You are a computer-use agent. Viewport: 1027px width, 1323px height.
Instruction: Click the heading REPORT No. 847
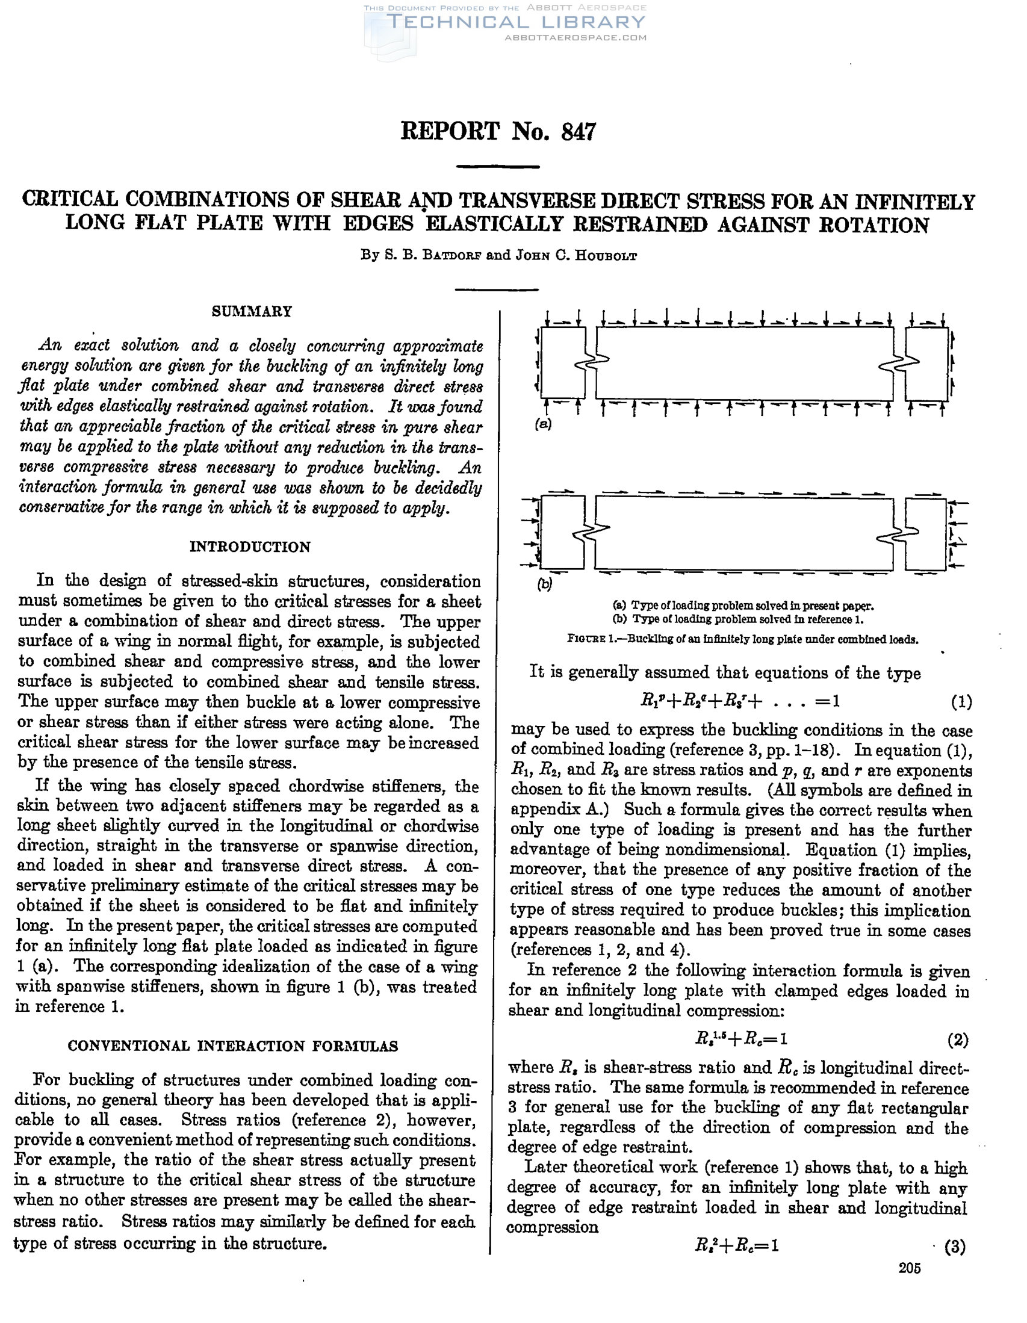pyautogui.click(x=498, y=131)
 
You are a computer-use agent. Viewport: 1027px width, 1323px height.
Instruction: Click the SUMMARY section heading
pyautogui.click(x=252, y=311)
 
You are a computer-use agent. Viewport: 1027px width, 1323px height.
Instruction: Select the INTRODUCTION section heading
pyautogui.click(x=250, y=547)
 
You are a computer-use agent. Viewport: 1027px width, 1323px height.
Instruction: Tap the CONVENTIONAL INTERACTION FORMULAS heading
pyautogui.click(x=232, y=1046)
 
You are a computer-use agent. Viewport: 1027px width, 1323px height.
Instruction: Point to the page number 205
pyautogui.click(x=910, y=1286)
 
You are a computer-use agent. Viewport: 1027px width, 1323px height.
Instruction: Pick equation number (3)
pyautogui.click(x=955, y=1247)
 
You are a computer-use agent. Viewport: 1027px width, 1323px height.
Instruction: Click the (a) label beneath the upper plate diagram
pyautogui.click(x=544, y=424)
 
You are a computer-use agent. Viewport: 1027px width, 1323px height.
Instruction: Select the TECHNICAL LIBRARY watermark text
pyautogui.click(x=516, y=22)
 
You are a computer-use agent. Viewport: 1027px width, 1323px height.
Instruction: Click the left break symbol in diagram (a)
pyautogui.click(x=586, y=364)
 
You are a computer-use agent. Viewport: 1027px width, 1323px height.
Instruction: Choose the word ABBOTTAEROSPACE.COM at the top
pyautogui.click(x=576, y=37)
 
